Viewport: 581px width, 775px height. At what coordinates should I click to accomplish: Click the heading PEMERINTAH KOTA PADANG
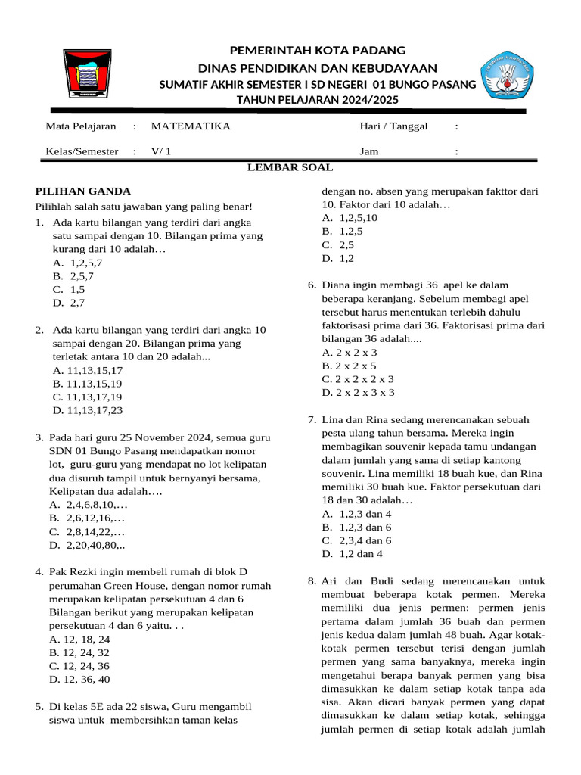[317, 50]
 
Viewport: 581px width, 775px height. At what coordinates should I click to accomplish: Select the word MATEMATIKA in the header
[191, 126]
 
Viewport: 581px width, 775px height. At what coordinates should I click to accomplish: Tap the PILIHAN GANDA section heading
[83, 191]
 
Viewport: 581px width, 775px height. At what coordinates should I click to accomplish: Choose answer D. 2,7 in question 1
[69, 303]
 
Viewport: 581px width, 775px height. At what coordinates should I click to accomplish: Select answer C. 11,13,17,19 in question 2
[87, 397]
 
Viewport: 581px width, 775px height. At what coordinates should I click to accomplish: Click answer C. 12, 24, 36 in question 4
[79, 666]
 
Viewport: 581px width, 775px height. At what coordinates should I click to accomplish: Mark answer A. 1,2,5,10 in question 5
[350, 218]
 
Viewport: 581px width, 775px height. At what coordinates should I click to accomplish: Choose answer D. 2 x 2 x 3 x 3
[358, 393]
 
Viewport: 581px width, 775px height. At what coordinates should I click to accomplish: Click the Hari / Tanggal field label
[393, 126]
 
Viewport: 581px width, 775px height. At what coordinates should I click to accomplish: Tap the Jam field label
[368, 151]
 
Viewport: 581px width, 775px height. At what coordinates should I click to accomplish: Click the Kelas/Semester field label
[82, 151]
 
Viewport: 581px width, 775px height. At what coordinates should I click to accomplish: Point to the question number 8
[312, 581]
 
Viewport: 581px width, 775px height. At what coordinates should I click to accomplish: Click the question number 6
[312, 285]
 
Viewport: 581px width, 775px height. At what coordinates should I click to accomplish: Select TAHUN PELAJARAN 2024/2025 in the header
[317, 100]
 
